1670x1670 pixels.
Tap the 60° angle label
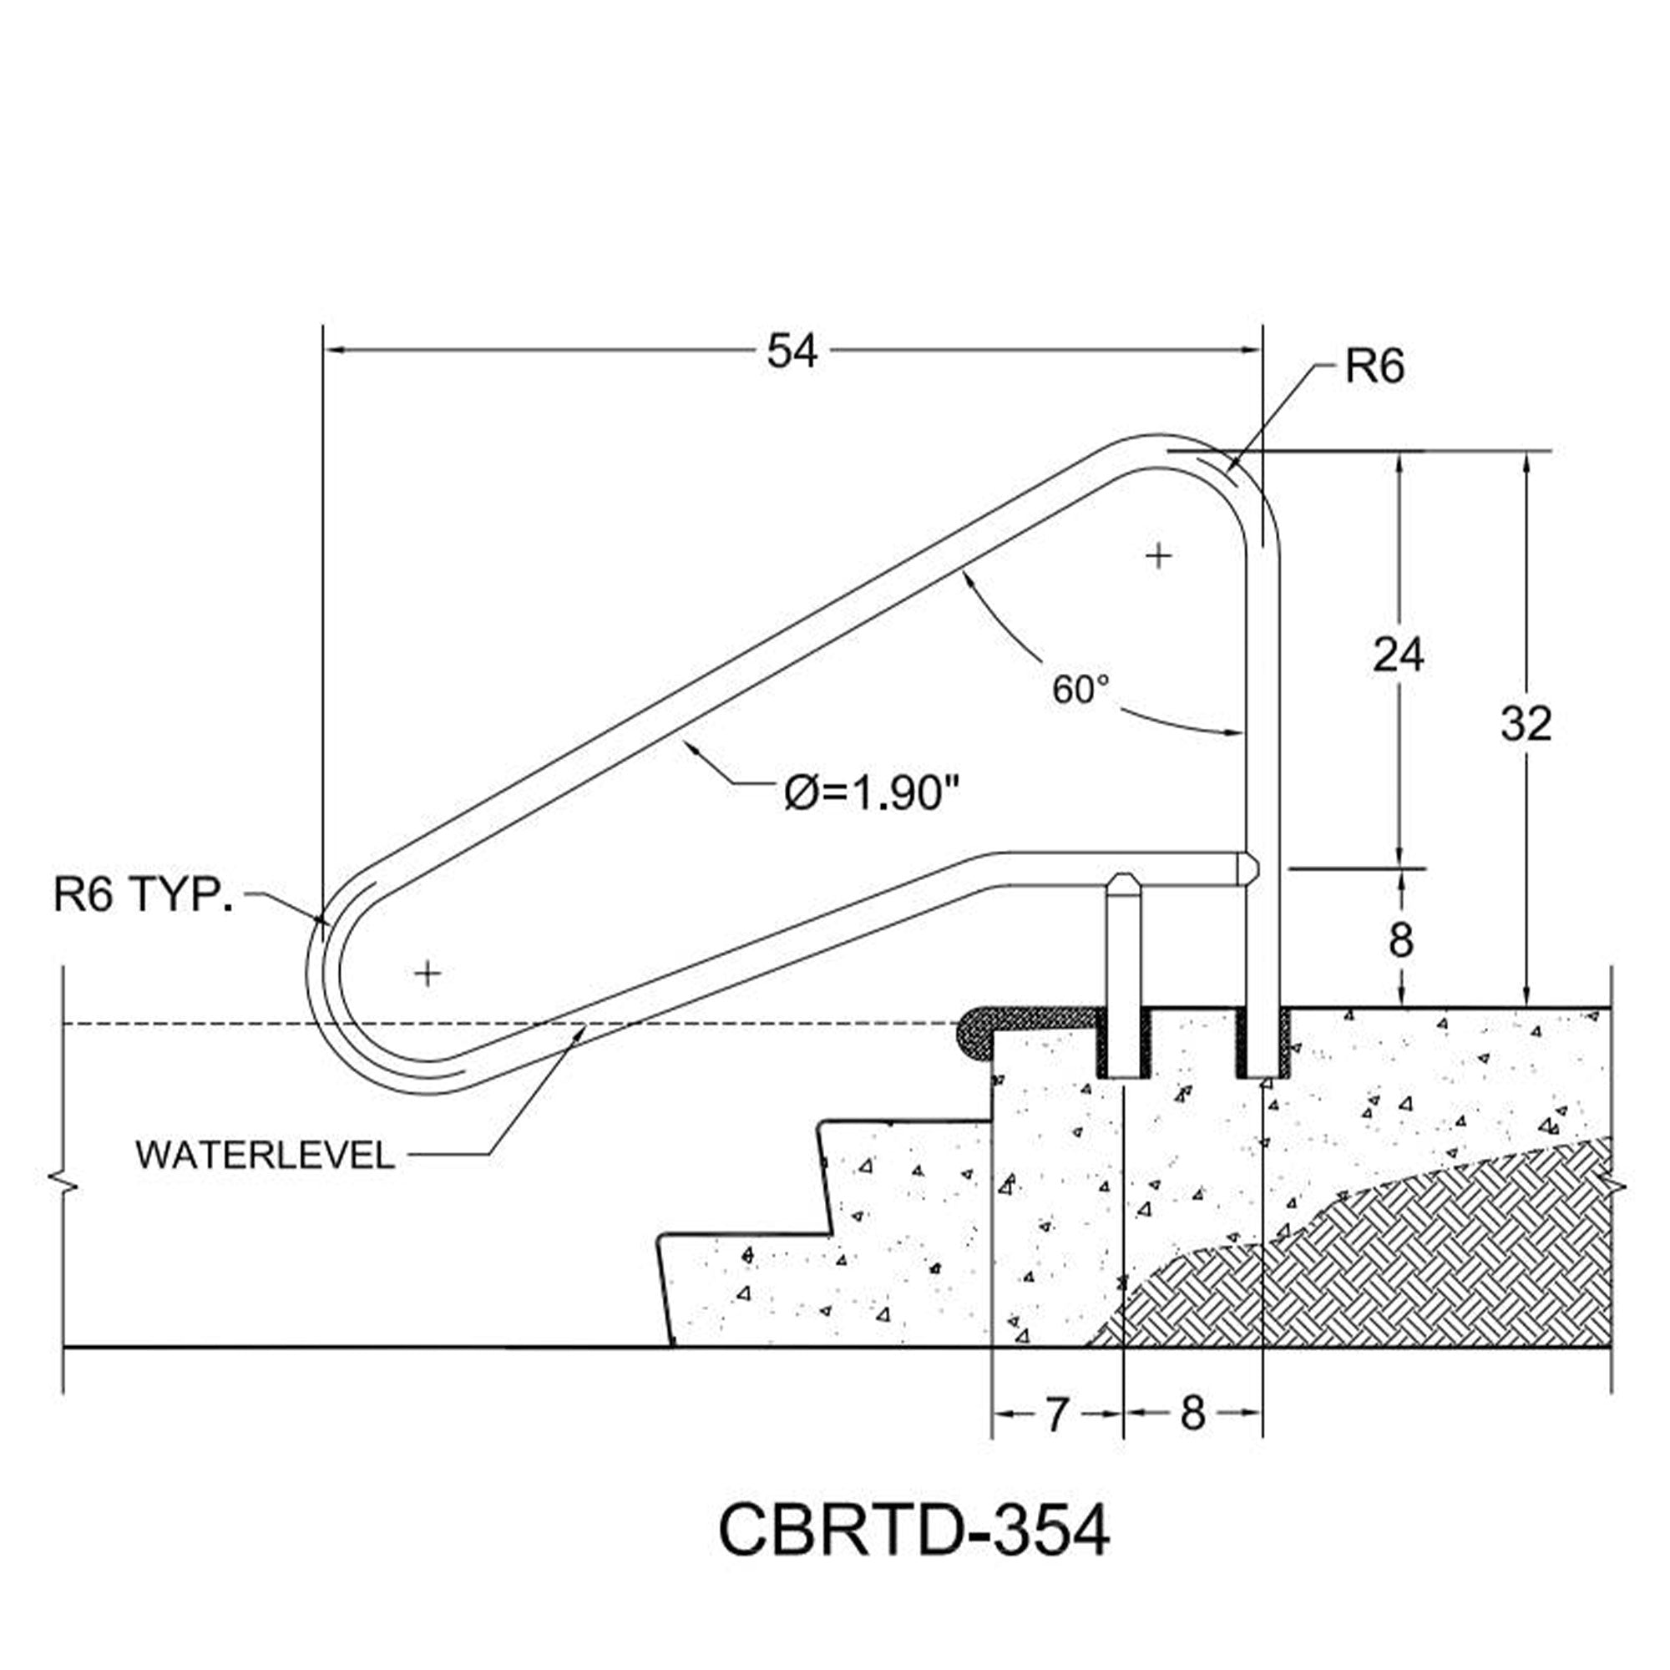(1080, 689)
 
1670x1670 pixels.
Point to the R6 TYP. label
(144, 894)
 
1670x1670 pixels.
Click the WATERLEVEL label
(265, 1156)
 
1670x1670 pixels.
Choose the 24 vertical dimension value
(1398, 655)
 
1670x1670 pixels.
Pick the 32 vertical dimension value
(1526, 724)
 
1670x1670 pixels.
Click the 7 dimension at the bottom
(1056, 1415)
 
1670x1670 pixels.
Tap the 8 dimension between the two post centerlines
(1192, 1415)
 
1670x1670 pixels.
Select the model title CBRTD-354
(913, 1531)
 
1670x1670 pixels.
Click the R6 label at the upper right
(1374, 367)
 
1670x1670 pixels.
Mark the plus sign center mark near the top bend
(1157, 555)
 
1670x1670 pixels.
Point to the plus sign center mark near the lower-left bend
(427, 974)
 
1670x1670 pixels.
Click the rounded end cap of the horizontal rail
(1250, 868)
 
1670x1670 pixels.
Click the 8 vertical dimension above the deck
(1400, 939)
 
